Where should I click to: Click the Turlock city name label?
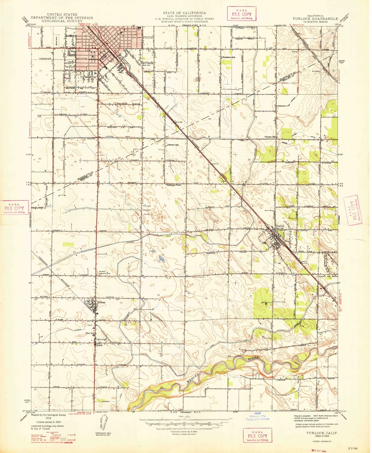(x=147, y=63)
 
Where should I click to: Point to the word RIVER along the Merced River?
(x=253, y=358)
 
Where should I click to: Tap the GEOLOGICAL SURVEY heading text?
(x=62, y=21)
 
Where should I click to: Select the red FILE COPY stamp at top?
(x=241, y=14)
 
